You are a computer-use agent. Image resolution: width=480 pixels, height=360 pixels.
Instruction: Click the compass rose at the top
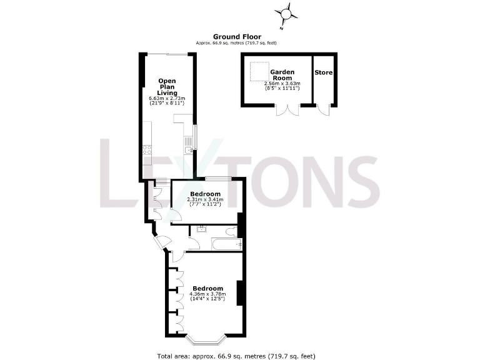[286, 13]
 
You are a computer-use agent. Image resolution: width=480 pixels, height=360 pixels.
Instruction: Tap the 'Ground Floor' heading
[237, 37]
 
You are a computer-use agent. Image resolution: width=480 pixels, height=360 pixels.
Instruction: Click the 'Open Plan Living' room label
[166, 87]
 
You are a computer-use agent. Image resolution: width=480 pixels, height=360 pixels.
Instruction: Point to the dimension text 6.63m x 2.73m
[167, 99]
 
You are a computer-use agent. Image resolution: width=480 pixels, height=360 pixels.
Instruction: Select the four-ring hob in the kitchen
[147, 149]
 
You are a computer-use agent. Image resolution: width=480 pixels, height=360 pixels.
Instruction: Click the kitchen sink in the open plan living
[188, 149]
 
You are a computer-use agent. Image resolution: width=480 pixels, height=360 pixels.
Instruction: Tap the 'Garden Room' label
[282, 75]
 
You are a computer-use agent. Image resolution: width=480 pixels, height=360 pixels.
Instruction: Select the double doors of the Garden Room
[287, 110]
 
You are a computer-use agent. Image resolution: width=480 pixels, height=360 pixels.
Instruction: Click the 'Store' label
[324, 72]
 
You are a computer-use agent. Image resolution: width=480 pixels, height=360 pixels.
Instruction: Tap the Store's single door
[322, 109]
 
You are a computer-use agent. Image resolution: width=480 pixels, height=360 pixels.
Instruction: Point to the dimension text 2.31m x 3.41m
[204, 200]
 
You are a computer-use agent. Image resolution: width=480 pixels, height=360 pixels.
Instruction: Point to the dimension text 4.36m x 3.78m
[206, 294]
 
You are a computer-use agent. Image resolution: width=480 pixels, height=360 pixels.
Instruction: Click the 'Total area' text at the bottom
[237, 356]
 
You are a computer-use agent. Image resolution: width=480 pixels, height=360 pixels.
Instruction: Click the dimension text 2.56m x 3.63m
[282, 83]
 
